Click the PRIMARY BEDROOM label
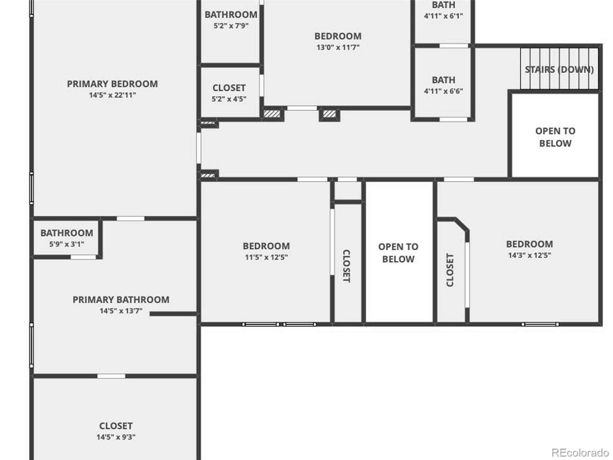tap(112, 84)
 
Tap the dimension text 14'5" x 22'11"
tap(112, 95)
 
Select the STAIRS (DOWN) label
tap(559, 69)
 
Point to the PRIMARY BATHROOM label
tap(121, 300)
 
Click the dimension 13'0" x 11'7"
tap(338, 48)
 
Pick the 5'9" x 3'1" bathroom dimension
tap(66, 245)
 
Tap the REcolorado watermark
tap(580, 452)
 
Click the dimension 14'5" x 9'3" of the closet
tap(116, 437)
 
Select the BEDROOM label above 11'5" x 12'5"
tap(266, 246)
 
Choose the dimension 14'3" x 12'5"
tap(529, 255)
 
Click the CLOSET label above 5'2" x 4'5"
tap(229, 88)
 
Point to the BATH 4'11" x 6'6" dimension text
tap(444, 91)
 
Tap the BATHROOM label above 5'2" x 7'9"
tap(231, 15)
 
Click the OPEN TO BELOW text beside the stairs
tap(555, 137)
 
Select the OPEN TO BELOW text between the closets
tap(398, 253)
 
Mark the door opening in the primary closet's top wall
tap(111, 376)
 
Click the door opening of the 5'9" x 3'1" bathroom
tap(83, 257)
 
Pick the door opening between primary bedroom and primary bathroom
tap(130, 219)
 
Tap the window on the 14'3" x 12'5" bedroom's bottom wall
tap(540, 324)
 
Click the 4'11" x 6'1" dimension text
tap(444, 16)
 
